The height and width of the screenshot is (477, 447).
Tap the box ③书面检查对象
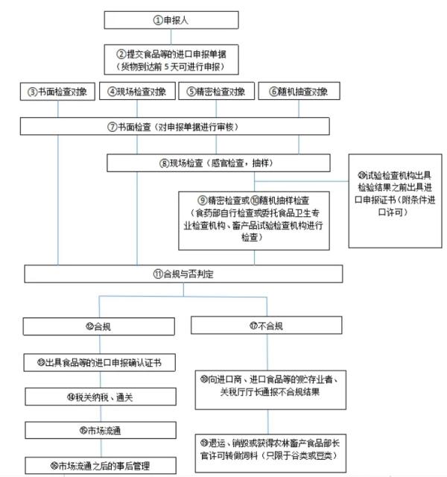click(x=57, y=92)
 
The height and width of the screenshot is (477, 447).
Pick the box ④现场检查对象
click(x=137, y=92)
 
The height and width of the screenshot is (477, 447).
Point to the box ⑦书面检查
click(x=180, y=126)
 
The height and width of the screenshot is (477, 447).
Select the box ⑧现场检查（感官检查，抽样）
click(x=227, y=162)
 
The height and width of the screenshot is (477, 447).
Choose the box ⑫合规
click(x=98, y=326)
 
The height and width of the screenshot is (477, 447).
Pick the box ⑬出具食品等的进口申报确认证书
click(x=98, y=363)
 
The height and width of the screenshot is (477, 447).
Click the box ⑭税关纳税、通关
click(x=98, y=397)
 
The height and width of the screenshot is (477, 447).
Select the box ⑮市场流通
click(x=98, y=430)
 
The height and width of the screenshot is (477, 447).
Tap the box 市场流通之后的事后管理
click(x=98, y=466)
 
